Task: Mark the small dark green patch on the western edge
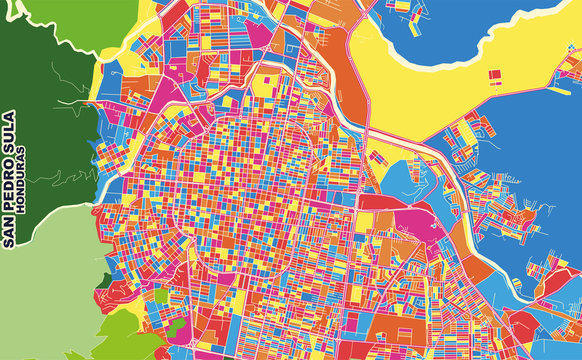pyautogui.click(x=106, y=281)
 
